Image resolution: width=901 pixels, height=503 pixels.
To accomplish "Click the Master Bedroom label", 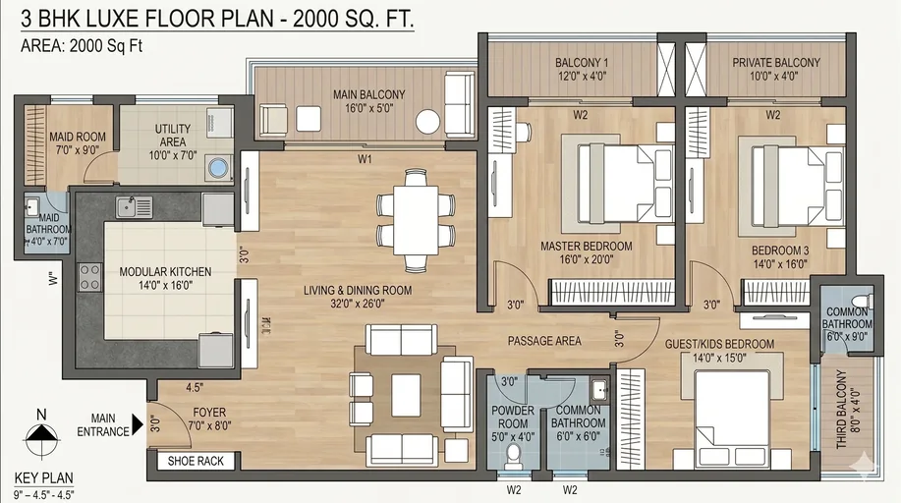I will click(x=586, y=246).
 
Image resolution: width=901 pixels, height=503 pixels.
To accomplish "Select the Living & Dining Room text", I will click(x=357, y=291).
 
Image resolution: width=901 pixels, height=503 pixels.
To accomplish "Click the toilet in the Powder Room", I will click(x=511, y=454).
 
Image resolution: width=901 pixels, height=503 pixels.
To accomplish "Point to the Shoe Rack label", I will click(x=196, y=461).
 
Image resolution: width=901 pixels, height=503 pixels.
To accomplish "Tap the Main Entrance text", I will click(x=110, y=424).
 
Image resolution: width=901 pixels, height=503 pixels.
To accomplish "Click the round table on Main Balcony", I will click(x=427, y=121).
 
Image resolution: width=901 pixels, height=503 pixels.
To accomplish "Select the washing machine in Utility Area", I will click(x=218, y=167).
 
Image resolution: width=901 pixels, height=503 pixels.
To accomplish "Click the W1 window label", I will click(x=365, y=158).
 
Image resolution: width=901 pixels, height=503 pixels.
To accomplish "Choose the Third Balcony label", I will click(x=842, y=410).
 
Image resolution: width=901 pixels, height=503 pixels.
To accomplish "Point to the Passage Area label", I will click(x=544, y=341).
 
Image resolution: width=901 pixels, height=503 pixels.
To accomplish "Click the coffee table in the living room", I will click(x=405, y=395).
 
